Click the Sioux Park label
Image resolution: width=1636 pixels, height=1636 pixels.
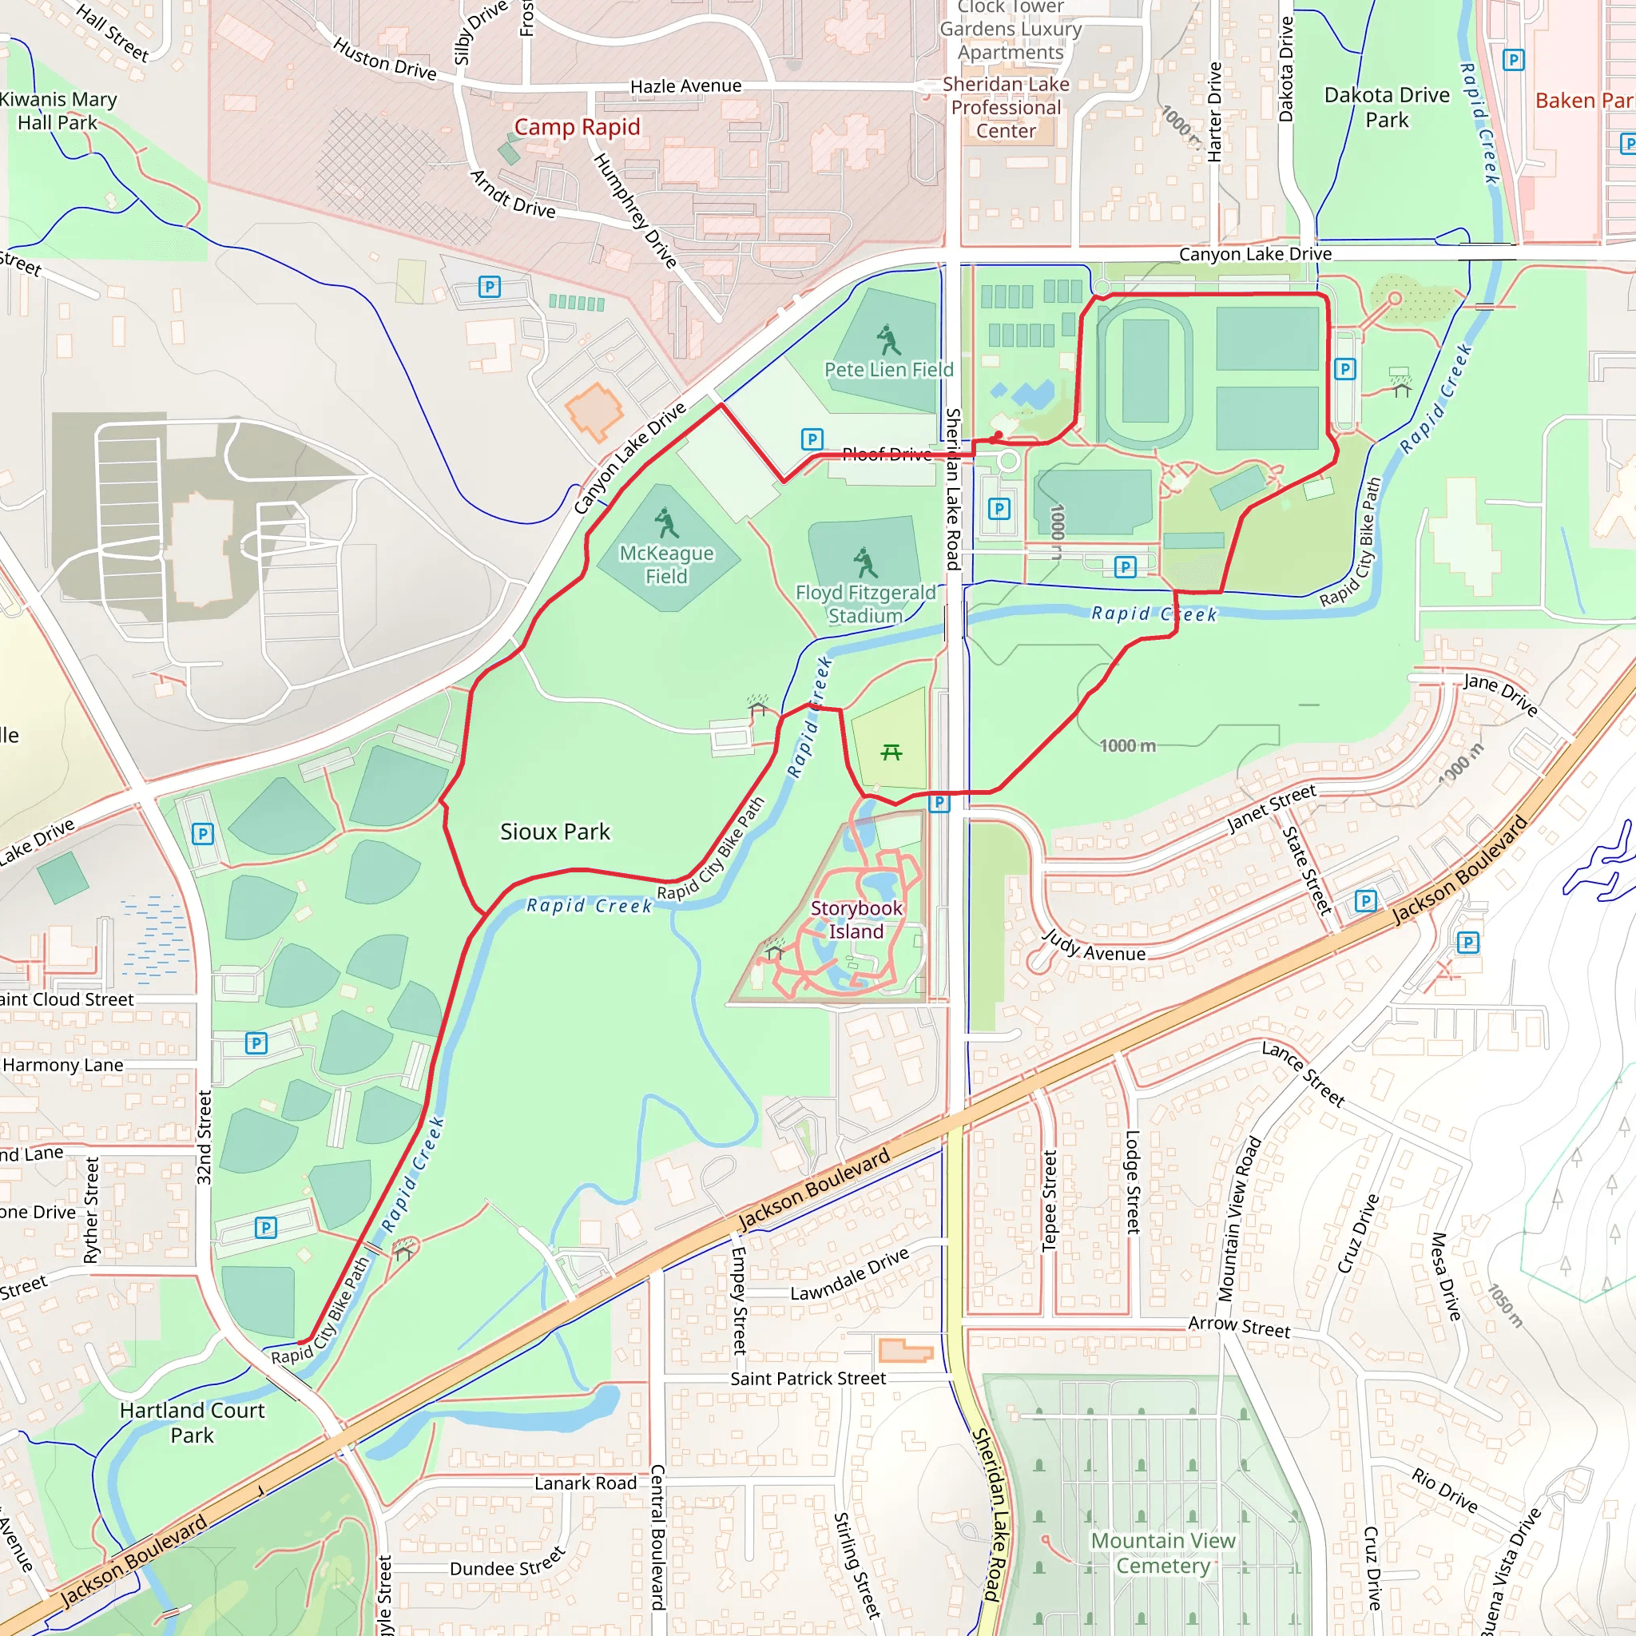pyautogui.click(x=554, y=832)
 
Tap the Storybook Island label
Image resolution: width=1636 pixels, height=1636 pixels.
pyautogui.click(x=856, y=919)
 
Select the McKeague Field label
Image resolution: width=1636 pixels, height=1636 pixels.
pyautogui.click(x=666, y=564)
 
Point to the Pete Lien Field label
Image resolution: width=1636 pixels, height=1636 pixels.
pyautogui.click(x=888, y=369)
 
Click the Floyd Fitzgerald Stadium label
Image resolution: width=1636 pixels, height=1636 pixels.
pyautogui.click(x=864, y=604)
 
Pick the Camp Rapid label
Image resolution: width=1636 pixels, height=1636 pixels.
pyautogui.click(x=577, y=127)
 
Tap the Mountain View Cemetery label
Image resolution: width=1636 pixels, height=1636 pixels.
pyautogui.click(x=1162, y=1552)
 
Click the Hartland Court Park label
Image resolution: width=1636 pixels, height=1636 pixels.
pyautogui.click(x=193, y=1422)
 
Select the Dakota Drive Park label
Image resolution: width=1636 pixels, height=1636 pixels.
pyautogui.click(x=1386, y=108)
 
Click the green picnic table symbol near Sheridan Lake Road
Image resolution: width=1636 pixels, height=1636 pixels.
pyautogui.click(x=891, y=752)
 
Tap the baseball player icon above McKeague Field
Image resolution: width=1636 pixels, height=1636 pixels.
pyautogui.click(x=667, y=522)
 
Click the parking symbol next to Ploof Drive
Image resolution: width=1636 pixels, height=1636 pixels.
pyautogui.click(x=812, y=439)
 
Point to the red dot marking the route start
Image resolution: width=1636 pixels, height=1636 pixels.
pyautogui.click(x=999, y=435)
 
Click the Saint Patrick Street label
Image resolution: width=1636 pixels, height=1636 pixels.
pyautogui.click(x=808, y=1379)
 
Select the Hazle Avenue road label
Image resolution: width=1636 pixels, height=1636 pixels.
pyautogui.click(x=686, y=86)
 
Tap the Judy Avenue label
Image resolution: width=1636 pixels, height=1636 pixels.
pyautogui.click(x=1094, y=947)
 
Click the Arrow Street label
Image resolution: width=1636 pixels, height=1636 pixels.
pyautogui.click(x=1239, y=1327)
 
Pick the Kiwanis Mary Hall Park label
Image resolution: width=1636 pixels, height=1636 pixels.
pyautogui.click(x=58, y=111)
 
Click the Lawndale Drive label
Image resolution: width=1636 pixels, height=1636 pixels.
pyautogui.click(x=849, y=1274)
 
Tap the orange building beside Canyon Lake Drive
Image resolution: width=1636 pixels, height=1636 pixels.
pyautogui.click(x=594, y=411)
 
